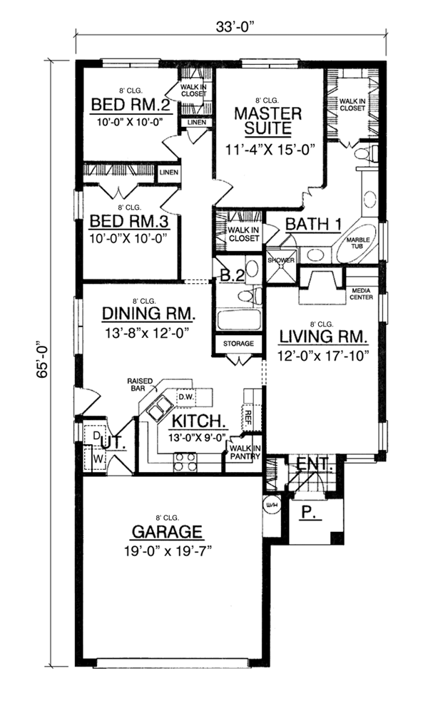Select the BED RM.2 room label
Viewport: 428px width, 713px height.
tap(131, 105)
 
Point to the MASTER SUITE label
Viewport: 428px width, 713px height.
tap(268, 121)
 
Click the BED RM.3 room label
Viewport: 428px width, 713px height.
tap(130, 222)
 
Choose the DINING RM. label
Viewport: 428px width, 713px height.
tap(149, 313)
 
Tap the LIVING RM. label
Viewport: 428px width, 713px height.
tap(323, 337)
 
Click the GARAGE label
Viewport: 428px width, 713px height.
tap(167, 531)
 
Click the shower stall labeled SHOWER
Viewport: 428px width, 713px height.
tap(281, 266)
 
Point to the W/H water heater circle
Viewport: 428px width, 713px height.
tap(271, 506)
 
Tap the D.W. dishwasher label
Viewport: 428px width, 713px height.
tap(186, 396)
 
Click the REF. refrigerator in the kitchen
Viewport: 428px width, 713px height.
tap(248, 416)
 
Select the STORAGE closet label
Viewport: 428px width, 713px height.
tap(238, 344)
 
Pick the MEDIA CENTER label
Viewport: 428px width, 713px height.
tap(362, 294)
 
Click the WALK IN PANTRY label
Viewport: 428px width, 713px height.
tap(245, 453)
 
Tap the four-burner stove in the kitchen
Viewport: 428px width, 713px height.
tap(185, 462)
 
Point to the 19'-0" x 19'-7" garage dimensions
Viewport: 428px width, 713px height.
tap(168, 552)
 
